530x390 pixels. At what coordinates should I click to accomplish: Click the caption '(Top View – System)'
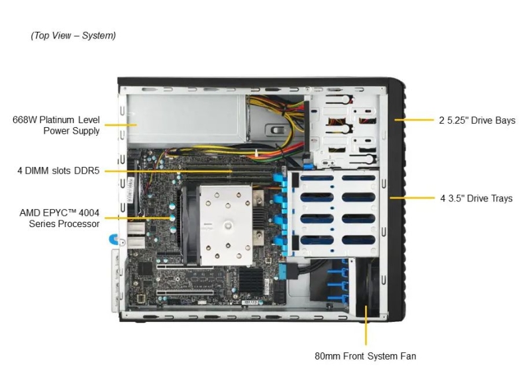(73, 35)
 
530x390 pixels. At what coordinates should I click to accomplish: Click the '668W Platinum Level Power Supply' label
(56, 125)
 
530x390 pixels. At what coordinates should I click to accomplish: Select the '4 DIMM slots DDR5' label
(58, 171)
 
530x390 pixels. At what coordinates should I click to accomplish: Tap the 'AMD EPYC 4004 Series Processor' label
(60, 218)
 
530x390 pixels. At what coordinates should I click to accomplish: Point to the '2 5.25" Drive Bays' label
(477, 121)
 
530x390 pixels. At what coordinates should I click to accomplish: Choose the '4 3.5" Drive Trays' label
(476, 198)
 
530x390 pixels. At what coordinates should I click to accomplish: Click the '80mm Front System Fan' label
(366, 356)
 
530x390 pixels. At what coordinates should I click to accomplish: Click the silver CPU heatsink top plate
(226, 225)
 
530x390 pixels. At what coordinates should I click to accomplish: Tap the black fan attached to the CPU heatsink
(190, 223)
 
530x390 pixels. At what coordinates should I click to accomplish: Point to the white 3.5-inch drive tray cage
(334, 215)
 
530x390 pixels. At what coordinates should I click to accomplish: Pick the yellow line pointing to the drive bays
(414, 120)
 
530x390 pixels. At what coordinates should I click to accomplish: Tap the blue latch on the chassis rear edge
(113, 239)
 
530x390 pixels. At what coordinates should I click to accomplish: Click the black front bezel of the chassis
(396, 199)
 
